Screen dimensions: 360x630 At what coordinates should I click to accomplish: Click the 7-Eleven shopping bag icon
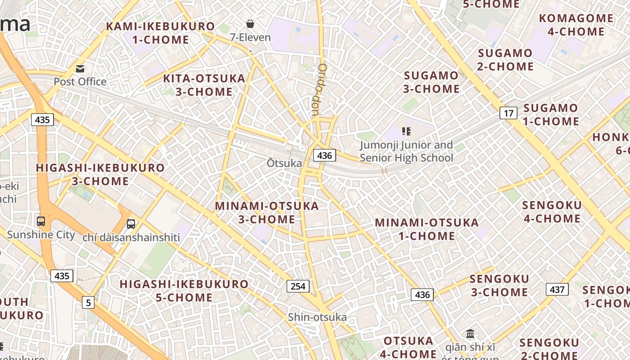click(250, 24)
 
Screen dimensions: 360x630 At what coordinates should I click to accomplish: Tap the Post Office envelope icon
click(80, 69)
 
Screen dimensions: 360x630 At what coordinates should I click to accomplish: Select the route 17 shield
click(508, 113)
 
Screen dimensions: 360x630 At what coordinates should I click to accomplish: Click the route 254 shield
click(297, 286)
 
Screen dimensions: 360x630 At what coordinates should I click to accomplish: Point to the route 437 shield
click(557, 289)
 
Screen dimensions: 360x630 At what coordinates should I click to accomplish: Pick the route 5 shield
click(88, 302)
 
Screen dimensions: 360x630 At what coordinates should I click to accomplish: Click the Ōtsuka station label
click(284, 163)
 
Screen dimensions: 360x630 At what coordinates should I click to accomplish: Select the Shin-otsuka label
click(317, 317)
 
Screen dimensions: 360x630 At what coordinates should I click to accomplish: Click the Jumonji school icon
click(406, 131)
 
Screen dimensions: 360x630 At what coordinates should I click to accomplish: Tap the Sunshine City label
click(41, 234)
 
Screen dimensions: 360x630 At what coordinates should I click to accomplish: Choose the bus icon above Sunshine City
click(41, 221)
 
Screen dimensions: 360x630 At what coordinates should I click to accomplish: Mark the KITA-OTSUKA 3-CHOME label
click(204, 85)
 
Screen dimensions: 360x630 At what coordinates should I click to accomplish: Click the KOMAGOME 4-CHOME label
click(576, 25)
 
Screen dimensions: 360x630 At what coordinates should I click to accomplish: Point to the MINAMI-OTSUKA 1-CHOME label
click(427, 229)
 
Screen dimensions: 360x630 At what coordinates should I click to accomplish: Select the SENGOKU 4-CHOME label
click(552, 212)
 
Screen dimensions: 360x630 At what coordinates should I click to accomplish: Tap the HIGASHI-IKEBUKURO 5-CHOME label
click(184, 291)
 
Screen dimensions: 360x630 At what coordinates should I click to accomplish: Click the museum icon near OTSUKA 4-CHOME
click(470, 334)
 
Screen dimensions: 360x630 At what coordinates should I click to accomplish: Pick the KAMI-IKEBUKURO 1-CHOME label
click(161, 33)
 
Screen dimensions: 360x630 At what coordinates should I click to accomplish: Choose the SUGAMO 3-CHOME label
click(431, 82)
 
